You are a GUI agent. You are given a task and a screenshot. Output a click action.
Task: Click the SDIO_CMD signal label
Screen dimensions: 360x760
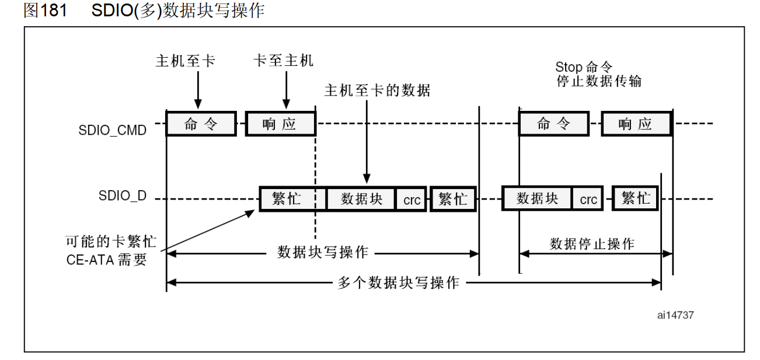tap(112, 130)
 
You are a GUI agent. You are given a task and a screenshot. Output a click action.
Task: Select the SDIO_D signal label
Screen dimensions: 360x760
tap(123, 196)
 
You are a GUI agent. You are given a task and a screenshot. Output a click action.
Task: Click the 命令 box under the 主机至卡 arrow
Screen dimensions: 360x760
tap(201, 124)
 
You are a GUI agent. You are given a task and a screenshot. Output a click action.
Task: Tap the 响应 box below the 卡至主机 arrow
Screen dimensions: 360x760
tap(280, 124)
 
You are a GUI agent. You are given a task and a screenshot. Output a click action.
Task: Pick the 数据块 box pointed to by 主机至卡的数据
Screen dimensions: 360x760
tap(361, 199)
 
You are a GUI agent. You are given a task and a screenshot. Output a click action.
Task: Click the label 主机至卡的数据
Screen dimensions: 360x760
tap(377, 90)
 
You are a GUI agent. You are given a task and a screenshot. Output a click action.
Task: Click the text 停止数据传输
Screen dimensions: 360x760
tap(599, 81)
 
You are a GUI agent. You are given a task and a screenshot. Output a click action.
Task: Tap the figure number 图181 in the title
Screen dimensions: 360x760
tap(45, 11)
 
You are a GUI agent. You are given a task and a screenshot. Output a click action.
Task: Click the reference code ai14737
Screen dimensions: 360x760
tap(675, 315)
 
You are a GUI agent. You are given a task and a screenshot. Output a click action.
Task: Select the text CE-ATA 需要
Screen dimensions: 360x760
tap(107, 260)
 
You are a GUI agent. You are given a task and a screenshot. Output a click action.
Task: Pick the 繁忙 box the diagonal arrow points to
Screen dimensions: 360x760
tap(287, 199)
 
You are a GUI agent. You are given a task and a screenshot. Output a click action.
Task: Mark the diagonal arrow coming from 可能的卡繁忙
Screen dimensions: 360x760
tap(207, 231)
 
